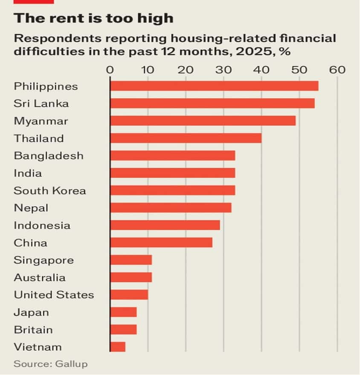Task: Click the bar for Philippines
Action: [x=214, y=86]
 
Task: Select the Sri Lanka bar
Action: [x=212, y=103]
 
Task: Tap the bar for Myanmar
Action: [x=203, y=121]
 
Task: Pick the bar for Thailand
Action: [x=186, y=138]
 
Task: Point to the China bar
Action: [x=161, y=243]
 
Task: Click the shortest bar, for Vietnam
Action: [x=118, y=347]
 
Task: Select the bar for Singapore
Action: [x=131, y=260]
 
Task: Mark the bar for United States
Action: [x=129, y=295]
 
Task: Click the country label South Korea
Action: [x=49, y=190]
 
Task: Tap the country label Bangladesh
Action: [x=49, y=155]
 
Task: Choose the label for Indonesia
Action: [x=42, y=225]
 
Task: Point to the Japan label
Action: [x=31, y=312]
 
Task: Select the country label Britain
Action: [x=33, y=330]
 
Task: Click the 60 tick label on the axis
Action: [x=337, y=70]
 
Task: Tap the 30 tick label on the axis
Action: [x=224, y=70]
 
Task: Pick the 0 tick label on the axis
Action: [x=110, y=70]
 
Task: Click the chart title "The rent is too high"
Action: [x=93, y=18]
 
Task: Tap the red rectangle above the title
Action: [x=34, y=2]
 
